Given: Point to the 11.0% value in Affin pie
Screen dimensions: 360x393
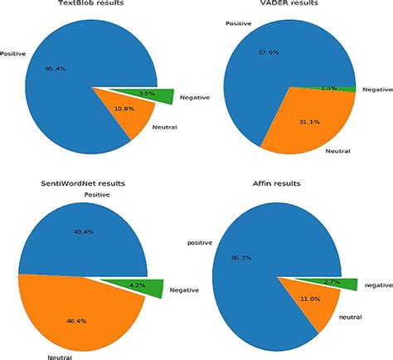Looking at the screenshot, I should coord(311,298).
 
